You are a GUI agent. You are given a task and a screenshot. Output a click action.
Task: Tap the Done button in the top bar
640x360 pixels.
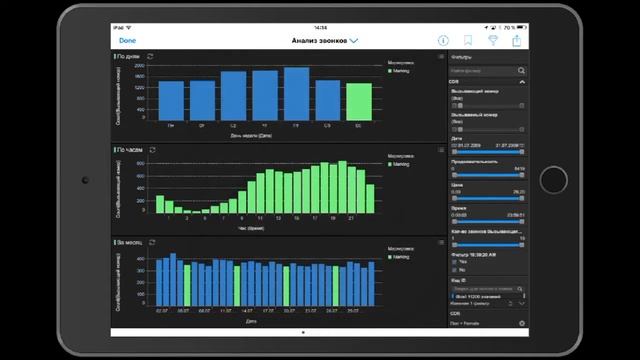[x=127, y=40]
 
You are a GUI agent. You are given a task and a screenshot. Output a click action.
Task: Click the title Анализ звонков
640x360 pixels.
[x=319, y=40]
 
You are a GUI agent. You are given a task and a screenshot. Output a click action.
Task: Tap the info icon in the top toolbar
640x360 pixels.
[x=443, y=40]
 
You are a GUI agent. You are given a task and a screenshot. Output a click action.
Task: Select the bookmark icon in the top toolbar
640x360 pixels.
[x=467, y=40]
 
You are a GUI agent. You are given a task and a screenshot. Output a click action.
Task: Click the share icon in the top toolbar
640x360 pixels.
[x=517, y=40]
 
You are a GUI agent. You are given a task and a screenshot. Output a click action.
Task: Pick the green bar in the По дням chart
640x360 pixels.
[x=358, y=101]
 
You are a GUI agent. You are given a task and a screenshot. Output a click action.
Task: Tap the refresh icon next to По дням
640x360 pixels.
[x=151, y=58]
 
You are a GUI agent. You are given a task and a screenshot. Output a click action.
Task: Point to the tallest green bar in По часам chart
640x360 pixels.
[x=343, y=187]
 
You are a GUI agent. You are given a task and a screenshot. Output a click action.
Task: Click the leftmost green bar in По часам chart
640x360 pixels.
[x=160, y=204]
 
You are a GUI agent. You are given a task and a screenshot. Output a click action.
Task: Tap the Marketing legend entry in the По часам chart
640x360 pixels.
[x=400, y=164]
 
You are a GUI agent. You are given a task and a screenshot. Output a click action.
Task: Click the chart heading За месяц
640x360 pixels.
[x=130, y=242]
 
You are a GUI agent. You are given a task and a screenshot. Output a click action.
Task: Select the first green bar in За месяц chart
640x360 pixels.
[x=187, y=284]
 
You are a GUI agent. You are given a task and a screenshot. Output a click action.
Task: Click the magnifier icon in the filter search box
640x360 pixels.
[x=521, y=72]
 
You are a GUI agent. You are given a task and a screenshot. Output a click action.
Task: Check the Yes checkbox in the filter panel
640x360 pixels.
[x=453, y=262]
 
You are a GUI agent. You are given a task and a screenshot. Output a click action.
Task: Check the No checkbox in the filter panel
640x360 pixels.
[x=453, y=270]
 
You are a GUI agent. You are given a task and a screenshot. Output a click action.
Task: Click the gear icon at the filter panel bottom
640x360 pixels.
[x=521, y=323]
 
